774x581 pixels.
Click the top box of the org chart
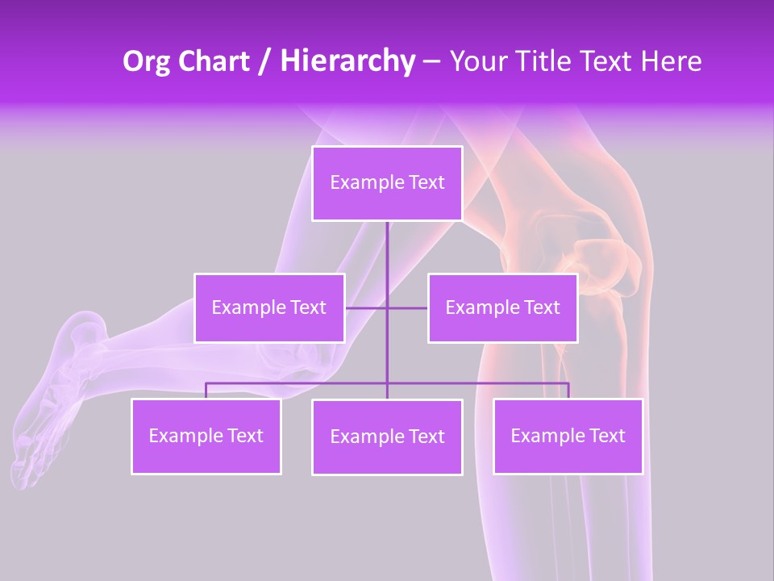[x=387, y=183]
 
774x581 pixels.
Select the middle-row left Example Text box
[x=269, y=307]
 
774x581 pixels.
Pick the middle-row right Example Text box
[x=502, y=307]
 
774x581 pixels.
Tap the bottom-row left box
[x=206, y=437]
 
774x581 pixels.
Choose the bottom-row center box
[x=387, y=437]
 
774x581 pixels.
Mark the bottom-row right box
[x=568, y=437]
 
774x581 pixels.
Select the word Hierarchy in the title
[x=347, y=61]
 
